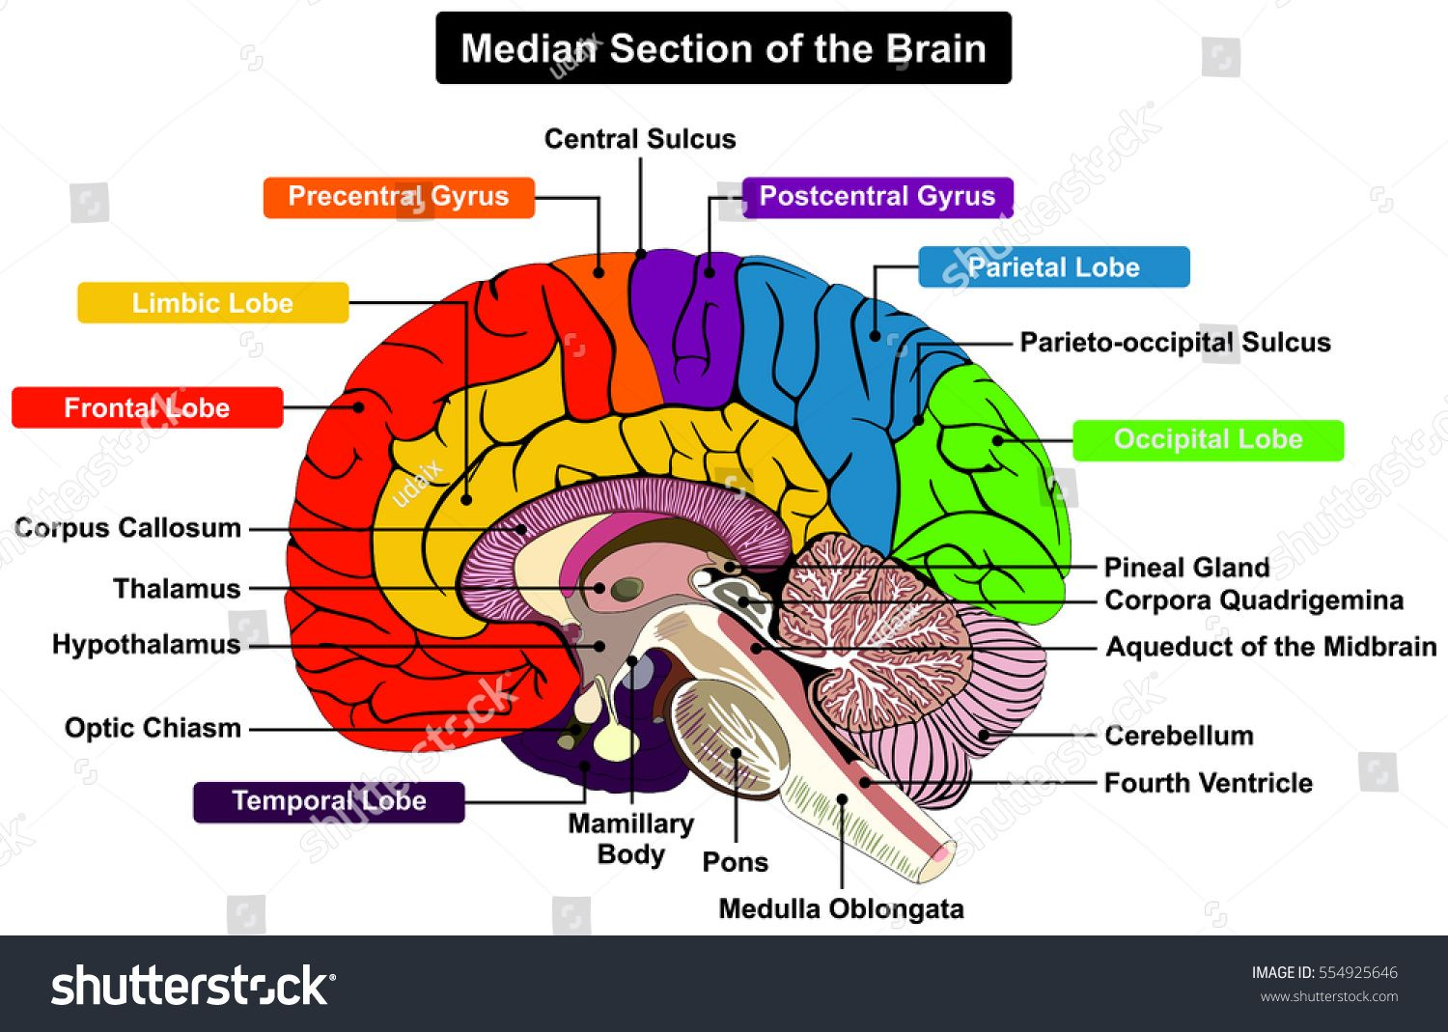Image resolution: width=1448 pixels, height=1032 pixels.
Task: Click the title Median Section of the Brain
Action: [x=723, y=48]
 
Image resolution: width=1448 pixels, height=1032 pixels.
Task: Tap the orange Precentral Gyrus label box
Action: [x=398, y=197]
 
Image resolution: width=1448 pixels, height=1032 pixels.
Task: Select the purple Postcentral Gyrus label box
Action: [x=877, y=197]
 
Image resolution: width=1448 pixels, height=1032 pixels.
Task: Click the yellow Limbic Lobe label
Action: [x=212, y=303]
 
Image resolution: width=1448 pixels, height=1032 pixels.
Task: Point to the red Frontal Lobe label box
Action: [x=147, y=407]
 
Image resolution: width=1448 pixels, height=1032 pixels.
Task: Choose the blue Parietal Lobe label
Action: [x=1053, y=267]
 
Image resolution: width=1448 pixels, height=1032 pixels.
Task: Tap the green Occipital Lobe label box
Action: [x=1208, y=440]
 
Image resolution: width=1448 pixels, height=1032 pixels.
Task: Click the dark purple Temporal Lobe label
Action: [x=328, y=801]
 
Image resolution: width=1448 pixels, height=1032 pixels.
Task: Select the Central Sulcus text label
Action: [x=640, y=139]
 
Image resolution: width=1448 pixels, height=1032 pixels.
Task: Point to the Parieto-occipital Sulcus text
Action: [x=1175, y=343]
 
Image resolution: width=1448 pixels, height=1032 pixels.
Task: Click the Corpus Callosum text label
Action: [x=128, y=528]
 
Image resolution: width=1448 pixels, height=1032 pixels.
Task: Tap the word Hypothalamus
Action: [x=146, y=645]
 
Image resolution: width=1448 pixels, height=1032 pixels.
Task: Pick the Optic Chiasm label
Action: [x=153, y=728]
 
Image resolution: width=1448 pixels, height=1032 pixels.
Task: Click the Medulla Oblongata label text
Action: [x=841, y=909]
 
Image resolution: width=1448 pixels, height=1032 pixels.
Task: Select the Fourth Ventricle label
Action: [x=1208, y=783]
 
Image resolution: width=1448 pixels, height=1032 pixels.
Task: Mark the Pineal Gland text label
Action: [x=1186, y=568]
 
